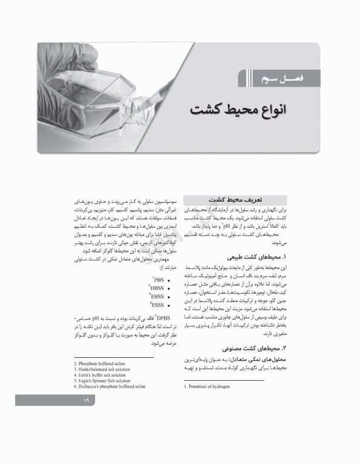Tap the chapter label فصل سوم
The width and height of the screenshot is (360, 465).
click(x=274, y=78)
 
